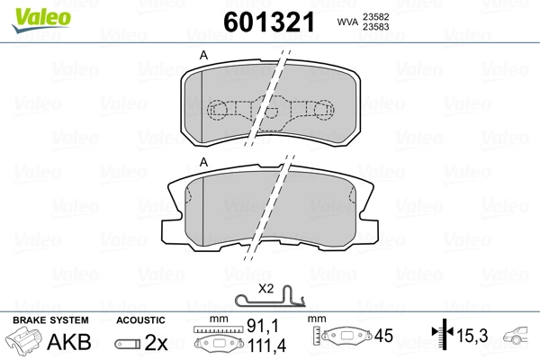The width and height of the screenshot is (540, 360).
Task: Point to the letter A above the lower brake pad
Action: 203,162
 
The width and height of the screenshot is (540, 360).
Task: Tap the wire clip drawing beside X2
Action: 269,301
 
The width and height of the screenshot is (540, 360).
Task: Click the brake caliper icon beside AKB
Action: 24,343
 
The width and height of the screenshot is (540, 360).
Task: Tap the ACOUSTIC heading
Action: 140,319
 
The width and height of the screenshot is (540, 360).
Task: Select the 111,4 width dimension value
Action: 261,346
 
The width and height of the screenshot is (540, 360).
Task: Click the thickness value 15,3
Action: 472,336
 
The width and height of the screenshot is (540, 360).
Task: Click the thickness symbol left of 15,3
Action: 441,336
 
